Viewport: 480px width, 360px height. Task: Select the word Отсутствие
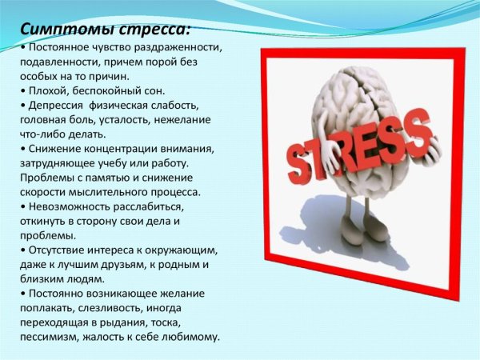(61, 250)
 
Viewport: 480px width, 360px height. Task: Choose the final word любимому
(190, 336)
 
